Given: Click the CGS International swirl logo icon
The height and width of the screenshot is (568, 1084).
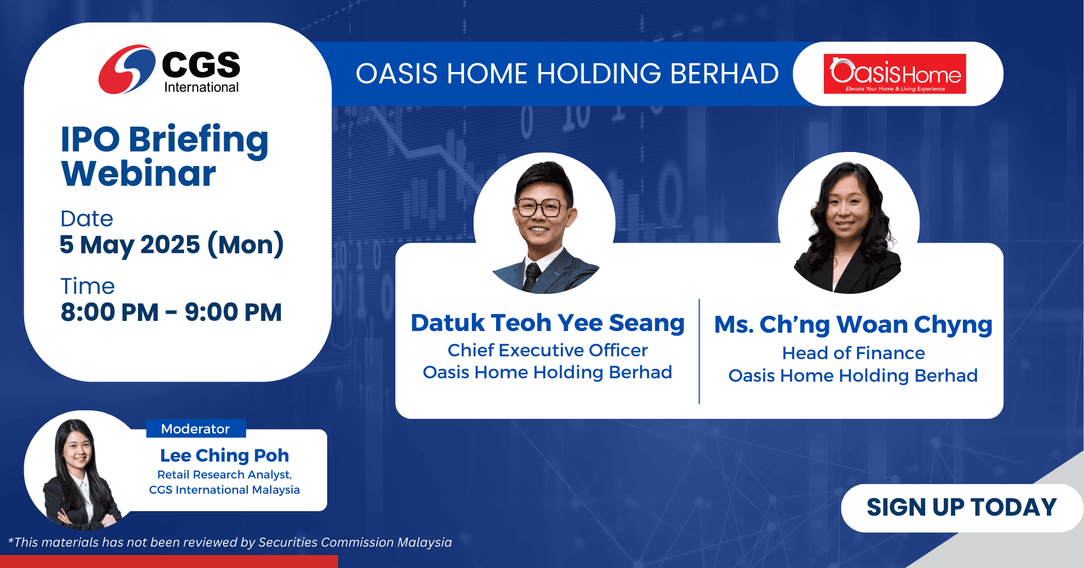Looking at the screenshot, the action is [127, 69].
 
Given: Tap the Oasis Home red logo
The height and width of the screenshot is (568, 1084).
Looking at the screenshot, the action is [895, 74].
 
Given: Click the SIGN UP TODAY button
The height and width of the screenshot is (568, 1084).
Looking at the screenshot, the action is [962, 507].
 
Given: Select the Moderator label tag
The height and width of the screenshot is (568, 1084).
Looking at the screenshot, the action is [196, 428].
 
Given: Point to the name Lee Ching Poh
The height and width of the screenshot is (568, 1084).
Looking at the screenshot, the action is [225, 455].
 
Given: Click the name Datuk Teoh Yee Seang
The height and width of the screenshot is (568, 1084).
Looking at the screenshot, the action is [547, 323].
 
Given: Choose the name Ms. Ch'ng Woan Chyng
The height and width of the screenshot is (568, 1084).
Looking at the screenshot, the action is [853, 325].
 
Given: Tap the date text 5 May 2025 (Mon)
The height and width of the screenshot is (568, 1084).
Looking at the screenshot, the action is [172, 245].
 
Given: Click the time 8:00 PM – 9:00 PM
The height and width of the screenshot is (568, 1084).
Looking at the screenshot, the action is [171, 312].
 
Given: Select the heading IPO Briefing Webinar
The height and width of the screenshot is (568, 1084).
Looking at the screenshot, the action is [164, 156].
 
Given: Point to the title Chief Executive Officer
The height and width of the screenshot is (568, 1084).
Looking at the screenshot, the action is [547, 350].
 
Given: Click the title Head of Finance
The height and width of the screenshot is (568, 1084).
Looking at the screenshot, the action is [853, 353].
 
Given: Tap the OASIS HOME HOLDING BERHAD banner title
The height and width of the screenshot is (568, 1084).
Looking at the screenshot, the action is [567, 74].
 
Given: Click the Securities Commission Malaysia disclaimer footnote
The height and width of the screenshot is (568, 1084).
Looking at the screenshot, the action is [230, 542].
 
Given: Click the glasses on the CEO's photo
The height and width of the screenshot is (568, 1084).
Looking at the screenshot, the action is [539, 208].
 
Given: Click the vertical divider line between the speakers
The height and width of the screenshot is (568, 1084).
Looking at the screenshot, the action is [699, 352].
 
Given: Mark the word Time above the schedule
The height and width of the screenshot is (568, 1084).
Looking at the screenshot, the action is [87, 286].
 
